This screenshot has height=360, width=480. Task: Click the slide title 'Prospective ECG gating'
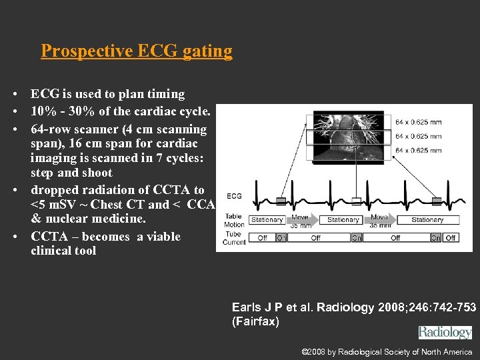137,51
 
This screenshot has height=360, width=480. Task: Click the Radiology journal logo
445,332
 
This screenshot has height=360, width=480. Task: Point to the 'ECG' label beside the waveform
234,196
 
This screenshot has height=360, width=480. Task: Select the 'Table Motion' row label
233,220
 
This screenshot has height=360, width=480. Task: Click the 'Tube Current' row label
234,237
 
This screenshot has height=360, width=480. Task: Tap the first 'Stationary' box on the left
267,220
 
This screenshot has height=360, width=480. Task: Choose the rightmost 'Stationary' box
427,220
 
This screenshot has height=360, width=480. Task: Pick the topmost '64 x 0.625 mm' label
418,122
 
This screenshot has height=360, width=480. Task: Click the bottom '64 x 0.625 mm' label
418,151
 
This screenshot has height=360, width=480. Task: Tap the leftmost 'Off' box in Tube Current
262,237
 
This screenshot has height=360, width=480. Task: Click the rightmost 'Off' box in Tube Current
451,237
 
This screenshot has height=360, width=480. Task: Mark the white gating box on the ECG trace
357,201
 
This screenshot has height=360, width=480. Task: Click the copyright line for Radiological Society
387,352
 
